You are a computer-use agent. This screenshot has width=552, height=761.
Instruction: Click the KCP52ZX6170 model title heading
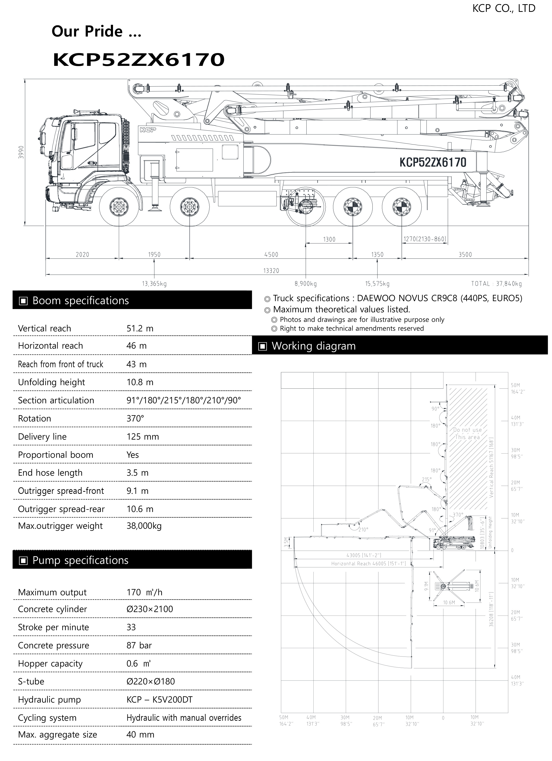(138, 60)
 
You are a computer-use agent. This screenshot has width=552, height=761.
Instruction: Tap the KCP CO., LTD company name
(504, 8)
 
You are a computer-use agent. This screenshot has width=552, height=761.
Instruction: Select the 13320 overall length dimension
(271, 270)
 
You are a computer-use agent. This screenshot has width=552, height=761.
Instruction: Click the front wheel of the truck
(119, 206)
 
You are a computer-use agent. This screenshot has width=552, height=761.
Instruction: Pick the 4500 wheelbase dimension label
(271, 255)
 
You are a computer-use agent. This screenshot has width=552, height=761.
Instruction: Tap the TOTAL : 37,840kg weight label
(496, 284)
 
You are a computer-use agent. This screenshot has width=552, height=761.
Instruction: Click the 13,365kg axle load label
(154, 284)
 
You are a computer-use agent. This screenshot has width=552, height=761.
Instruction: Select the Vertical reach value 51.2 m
(140, 329)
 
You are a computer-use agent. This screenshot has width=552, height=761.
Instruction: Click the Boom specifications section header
(81, 301)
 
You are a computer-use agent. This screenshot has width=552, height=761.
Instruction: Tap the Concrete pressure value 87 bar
(139, 645)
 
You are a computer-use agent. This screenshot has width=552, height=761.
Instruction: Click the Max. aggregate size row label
(58, 734)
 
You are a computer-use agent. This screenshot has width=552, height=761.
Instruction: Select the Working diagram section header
(313, 346)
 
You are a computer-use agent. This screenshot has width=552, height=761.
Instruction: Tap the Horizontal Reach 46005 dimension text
(368, 563)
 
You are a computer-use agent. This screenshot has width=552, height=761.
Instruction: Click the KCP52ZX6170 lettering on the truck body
(433, 162)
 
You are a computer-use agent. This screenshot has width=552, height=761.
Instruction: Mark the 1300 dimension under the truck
(329, 239)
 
